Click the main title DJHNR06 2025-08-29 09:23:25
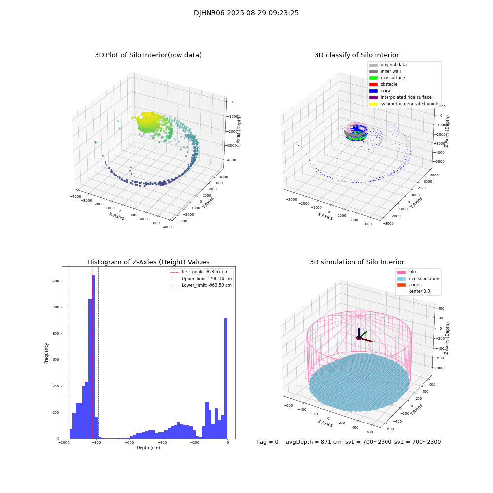coord(246,13)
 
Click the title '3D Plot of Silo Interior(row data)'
coord(148,55)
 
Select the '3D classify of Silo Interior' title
coord(356,55)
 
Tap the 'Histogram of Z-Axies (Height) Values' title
coord(148,262)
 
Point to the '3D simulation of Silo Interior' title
coord(356,262)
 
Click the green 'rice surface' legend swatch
coord(373,78)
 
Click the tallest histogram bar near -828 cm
coord(93,355)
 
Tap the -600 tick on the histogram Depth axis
coord(129,443)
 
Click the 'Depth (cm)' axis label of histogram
coord(148,448)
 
